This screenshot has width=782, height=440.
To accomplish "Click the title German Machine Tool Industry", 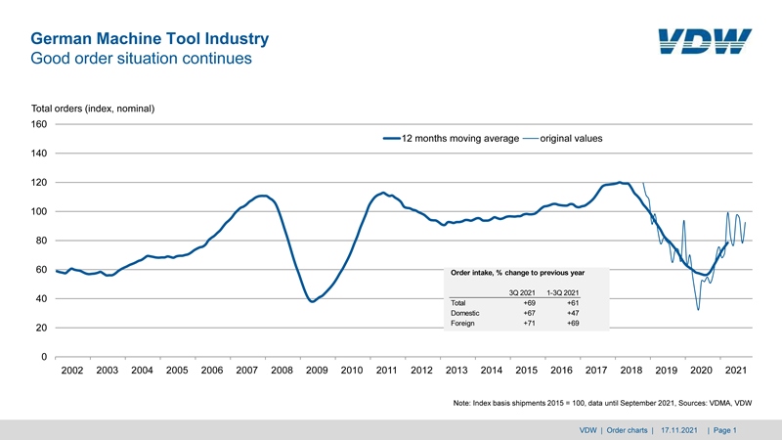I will (x=150, y=39).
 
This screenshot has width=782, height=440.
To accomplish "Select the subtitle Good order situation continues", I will (x=142, y=59).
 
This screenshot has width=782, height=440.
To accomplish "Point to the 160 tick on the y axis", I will (x=39, y=124).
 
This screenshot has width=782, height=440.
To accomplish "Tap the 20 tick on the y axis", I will (x=42, y=329).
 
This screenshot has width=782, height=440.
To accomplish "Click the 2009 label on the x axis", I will (x=317, y=372).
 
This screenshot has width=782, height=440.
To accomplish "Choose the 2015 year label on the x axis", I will (x=526, y=372).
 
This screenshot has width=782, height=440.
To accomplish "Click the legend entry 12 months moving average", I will (x=459, y=139).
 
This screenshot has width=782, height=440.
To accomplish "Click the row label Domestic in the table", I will (x=465, y=313).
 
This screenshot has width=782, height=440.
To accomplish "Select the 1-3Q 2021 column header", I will (x=562, y=292).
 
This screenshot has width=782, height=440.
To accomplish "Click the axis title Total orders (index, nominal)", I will (x=94, y=108).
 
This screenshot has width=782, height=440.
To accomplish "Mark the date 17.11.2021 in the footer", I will (x=678, y=430).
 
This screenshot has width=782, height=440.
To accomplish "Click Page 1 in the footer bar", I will (x=724, y=430).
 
